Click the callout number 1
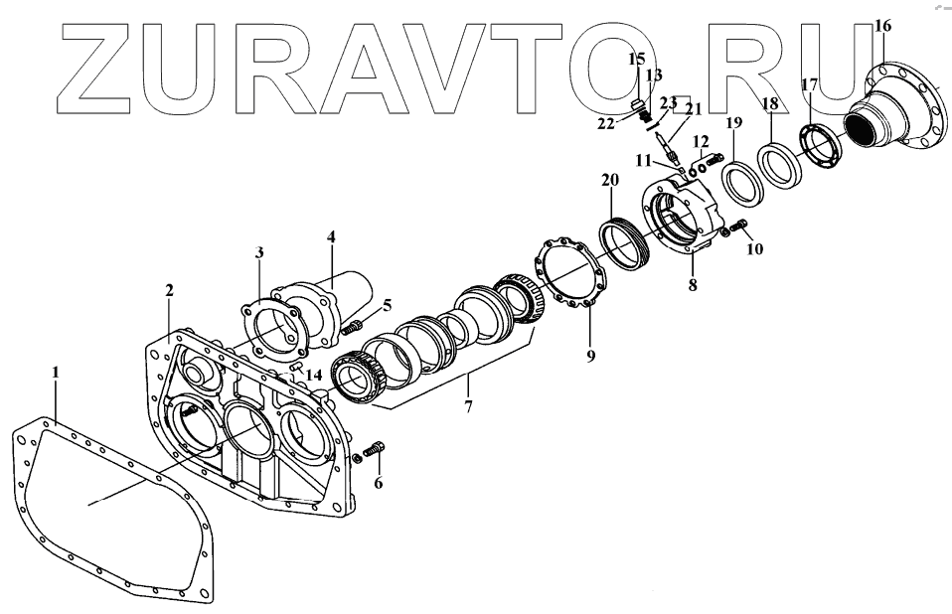[56, 372]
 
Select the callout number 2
[169, 290]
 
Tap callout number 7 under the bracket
[468, 407]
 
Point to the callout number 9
[590, 356]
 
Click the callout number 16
[882, 26]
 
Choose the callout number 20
[610, 180]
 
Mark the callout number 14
[313, 375]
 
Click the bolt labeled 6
[374, 451]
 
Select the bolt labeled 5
[352, 328]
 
